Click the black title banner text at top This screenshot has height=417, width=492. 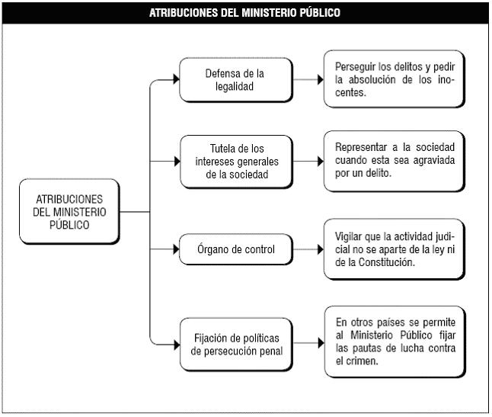click(244, 13)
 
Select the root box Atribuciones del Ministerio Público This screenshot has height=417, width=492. click(69, 212)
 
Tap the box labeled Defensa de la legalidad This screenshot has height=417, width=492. click(236, 80)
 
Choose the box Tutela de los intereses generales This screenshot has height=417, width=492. click(237, 162)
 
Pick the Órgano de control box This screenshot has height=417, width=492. click(236, 249)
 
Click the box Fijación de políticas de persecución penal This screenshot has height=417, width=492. click(236, 345)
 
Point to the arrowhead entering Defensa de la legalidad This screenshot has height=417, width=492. click(177, 79)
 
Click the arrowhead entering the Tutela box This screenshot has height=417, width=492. click(177, 162)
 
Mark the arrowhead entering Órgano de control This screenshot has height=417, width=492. click(176, 249)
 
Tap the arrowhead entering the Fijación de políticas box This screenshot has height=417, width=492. click(177, 345)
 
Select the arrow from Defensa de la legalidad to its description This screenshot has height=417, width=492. click(308, 79)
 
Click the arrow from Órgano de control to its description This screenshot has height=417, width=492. click(308, 249)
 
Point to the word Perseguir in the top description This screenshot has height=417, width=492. click(355, 67)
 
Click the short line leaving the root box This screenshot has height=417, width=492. click(135, 212)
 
